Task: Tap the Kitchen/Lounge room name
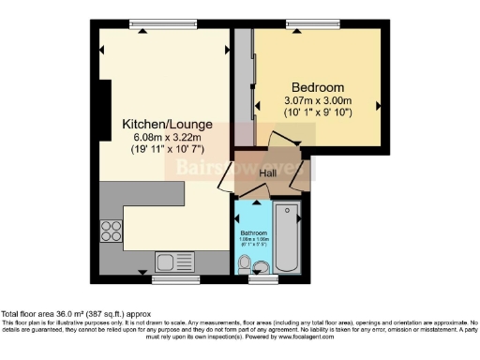point(167,124)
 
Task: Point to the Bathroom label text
point(252,232)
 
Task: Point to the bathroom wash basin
point(244,268)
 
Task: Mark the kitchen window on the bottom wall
point(168,279)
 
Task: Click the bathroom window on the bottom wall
point(262,279)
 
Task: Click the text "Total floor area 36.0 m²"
point(56,314)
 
